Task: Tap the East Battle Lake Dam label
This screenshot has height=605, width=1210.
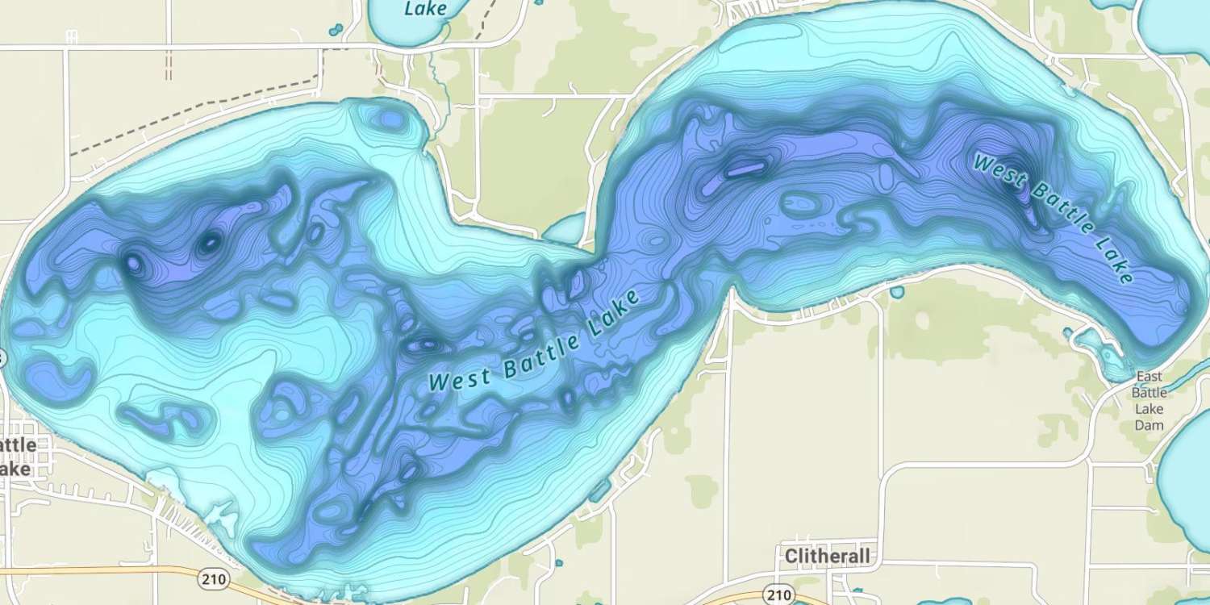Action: pos(1149,400)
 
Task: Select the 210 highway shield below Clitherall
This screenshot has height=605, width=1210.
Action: pos(779,595)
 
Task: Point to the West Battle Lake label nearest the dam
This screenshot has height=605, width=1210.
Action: pos(1053,218)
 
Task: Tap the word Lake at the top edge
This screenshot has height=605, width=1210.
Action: pos(425,10)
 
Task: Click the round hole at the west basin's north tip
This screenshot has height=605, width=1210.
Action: pos(390,120)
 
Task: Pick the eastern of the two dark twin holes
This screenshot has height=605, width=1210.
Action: pos(208,242)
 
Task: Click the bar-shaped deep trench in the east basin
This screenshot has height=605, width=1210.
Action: pos(745,169)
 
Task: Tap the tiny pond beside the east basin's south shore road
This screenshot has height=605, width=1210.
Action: pos(897,293)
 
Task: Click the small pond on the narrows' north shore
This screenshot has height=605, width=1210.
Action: pos(567,228)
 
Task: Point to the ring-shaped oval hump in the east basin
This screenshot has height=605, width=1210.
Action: pos(801,204)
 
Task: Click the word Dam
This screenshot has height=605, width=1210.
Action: pos(1149,424)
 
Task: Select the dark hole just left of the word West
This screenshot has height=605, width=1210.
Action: pos(421,345)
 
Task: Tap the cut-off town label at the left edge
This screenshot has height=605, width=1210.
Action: pos(18,457)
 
